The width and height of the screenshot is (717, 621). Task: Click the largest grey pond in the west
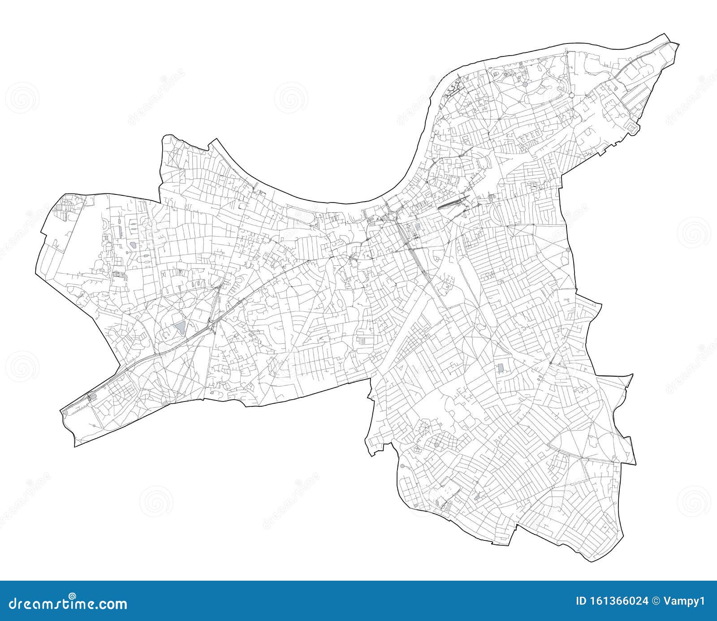tap(181, 328)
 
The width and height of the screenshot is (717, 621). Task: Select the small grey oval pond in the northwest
tap(134, 245)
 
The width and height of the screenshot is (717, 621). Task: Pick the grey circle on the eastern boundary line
tap(568, 250)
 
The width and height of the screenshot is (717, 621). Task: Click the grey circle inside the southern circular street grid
tap(436, 445)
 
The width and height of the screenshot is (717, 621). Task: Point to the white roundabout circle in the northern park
tap(572, 95)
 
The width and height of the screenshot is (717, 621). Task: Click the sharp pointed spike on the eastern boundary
tap(632, 375)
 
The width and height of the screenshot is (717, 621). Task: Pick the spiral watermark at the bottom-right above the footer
tap(694, 500)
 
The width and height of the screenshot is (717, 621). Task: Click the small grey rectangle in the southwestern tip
tap(211, 393)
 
